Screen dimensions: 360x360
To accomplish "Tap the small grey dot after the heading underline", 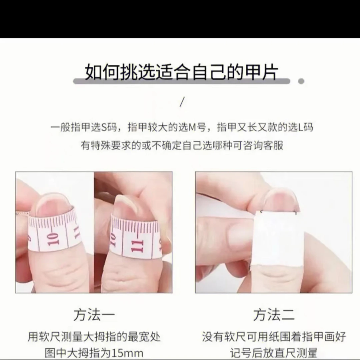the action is pos(301,81).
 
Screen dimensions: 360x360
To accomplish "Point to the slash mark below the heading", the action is pos(182,102).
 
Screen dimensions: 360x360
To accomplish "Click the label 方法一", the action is pos(94,315).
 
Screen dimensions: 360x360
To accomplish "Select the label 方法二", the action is pos(274,315).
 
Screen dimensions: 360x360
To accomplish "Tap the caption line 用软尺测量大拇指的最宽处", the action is pos(94,337).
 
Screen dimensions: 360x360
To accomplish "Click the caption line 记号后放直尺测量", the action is pos(274,353).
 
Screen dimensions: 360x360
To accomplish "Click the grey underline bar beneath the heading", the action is pos(182,81).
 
